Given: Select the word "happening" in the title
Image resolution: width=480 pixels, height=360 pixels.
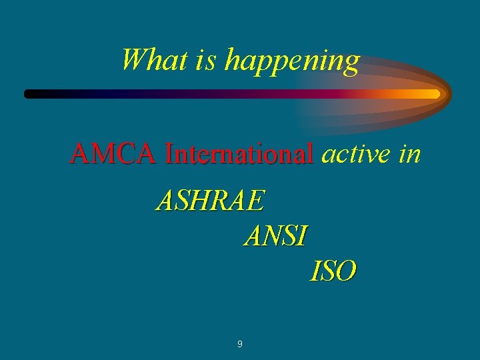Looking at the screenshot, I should pos(292,61).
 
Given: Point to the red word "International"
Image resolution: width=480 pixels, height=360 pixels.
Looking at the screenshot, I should pos(239,154).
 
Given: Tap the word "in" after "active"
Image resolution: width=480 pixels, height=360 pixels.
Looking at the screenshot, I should pos(410,154).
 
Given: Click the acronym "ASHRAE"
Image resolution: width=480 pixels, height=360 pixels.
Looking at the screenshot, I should pos(211,200).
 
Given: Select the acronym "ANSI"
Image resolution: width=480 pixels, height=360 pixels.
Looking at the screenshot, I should pos(276,235).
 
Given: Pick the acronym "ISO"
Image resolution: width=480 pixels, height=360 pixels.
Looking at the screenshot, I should pos(333,271).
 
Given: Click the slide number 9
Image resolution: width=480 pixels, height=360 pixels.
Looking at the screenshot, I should pos(240,345).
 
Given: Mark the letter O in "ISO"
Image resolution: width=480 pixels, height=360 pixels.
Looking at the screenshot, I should pos(345,271).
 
